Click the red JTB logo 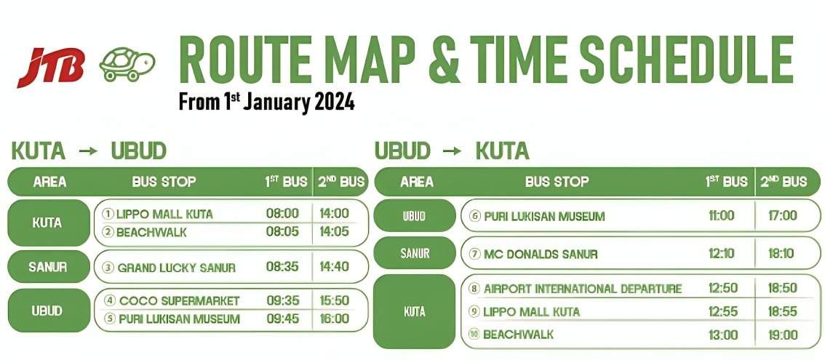pos(50,67)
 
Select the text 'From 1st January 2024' pos(266,101)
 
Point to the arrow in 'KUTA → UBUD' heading pos(88,151)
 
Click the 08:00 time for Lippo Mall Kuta pos(282,214)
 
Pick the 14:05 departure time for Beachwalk pos(334,232)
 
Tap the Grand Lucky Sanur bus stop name pos(176,268)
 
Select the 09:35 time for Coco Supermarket pos(282,300)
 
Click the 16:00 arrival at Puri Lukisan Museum pos(334,319)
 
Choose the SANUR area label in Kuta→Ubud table pos(47,267)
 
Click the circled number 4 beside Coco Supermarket pos(110,300)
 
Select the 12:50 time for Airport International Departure pos(723,289)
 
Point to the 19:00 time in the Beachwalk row pos(782,335)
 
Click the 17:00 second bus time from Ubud pos(782,215)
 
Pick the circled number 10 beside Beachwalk pos(474,335)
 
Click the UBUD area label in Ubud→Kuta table pos(414,216)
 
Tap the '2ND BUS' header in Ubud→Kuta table pos(784,182)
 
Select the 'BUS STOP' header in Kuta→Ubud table pos(164,182)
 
